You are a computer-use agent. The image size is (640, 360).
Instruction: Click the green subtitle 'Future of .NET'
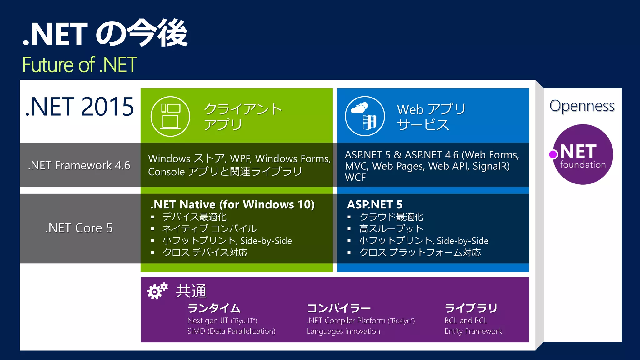tap(80, 65)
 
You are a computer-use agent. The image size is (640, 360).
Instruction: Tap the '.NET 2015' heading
tap(80, 107)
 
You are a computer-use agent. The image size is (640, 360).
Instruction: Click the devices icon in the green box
tap(170, 116)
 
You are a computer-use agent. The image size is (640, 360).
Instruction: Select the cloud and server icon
tap(365, 116)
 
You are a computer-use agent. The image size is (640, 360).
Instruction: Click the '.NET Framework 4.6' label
tap(79, 165)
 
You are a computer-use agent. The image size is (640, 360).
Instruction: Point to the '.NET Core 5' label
tap(79, 228)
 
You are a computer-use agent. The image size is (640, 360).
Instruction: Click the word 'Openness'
tap(582, 106)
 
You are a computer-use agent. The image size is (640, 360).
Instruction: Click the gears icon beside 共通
tap(157, 291)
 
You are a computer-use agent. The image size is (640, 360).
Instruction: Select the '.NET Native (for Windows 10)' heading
tap(232, 205)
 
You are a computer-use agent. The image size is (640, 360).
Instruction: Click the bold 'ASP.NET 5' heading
tap(375, 205)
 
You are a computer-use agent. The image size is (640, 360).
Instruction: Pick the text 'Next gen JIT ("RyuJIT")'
tap(222, 321)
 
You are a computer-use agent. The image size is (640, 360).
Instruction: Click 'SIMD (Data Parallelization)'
tap(231, 331)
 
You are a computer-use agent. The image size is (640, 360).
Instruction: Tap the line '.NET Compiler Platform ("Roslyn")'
tap(361, 321)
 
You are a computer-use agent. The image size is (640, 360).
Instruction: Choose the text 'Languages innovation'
tap(343, 331)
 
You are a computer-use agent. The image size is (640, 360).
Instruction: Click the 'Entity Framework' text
tap(473, 331)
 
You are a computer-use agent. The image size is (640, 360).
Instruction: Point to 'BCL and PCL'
tap(466, 321)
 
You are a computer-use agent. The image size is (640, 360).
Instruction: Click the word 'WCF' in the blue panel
tap(355, 177)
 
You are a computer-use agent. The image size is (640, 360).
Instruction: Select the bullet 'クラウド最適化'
tap(391, 217)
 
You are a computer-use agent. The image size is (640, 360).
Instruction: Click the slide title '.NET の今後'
tap(105, 33)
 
